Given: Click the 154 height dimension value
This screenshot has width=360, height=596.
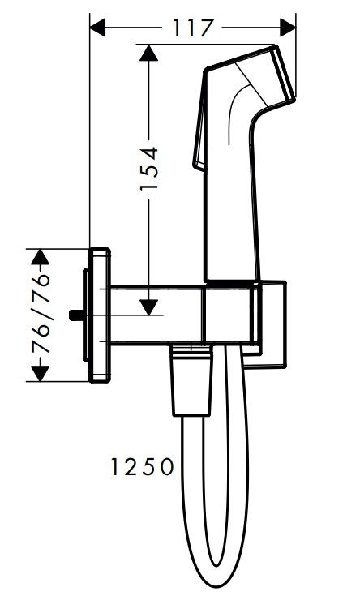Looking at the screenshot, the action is point(149,169).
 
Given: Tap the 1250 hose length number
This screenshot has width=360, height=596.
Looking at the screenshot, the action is point(142,467).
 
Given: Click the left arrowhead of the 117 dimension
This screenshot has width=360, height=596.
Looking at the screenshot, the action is point(97,28).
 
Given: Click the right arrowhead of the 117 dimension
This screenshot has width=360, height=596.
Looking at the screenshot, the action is point(288,28).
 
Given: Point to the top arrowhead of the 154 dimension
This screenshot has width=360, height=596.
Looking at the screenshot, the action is point(148,53).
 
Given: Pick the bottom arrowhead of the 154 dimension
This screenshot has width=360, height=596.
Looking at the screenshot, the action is point(148,307).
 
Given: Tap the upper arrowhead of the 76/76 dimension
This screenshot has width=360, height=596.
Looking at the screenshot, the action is point(41,257).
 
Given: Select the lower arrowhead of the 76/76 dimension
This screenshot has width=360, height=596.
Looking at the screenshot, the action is point(41,374).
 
